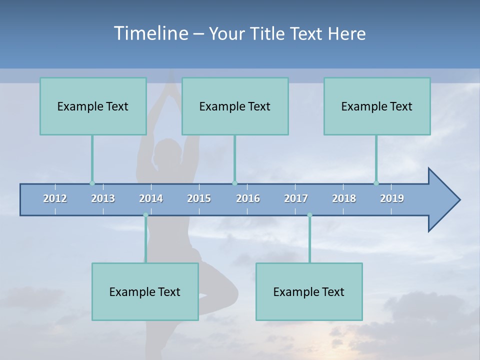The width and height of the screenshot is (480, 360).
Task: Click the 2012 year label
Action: pos(55,198)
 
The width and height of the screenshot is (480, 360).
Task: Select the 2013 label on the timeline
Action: pos(103,198)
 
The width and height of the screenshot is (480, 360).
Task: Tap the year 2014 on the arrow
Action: pos(151,198)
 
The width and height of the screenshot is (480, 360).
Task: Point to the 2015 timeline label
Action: pos(199,198)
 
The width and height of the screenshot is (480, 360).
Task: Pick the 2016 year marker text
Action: pos(248,198)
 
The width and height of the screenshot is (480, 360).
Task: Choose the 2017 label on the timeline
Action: pos(296,198)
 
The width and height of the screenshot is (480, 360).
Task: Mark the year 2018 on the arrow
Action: pos(344,198)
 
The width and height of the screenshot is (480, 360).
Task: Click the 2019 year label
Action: pos(392,198)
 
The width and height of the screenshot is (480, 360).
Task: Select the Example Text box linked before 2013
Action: pos(93,106)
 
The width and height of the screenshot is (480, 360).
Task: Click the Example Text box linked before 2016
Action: pos(235,106)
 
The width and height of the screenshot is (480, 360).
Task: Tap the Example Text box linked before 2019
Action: pos(377,106)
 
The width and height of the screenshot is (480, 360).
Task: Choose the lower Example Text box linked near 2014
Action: pos(145,291)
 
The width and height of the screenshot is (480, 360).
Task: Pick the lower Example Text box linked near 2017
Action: pos(309,291)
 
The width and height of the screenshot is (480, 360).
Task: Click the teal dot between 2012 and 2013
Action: pos(92,183)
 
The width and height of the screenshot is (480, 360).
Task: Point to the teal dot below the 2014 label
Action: pos(145,215)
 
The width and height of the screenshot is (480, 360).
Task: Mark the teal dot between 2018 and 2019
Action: pos(376,183)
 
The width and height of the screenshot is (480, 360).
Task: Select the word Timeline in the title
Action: pos(150,33)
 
